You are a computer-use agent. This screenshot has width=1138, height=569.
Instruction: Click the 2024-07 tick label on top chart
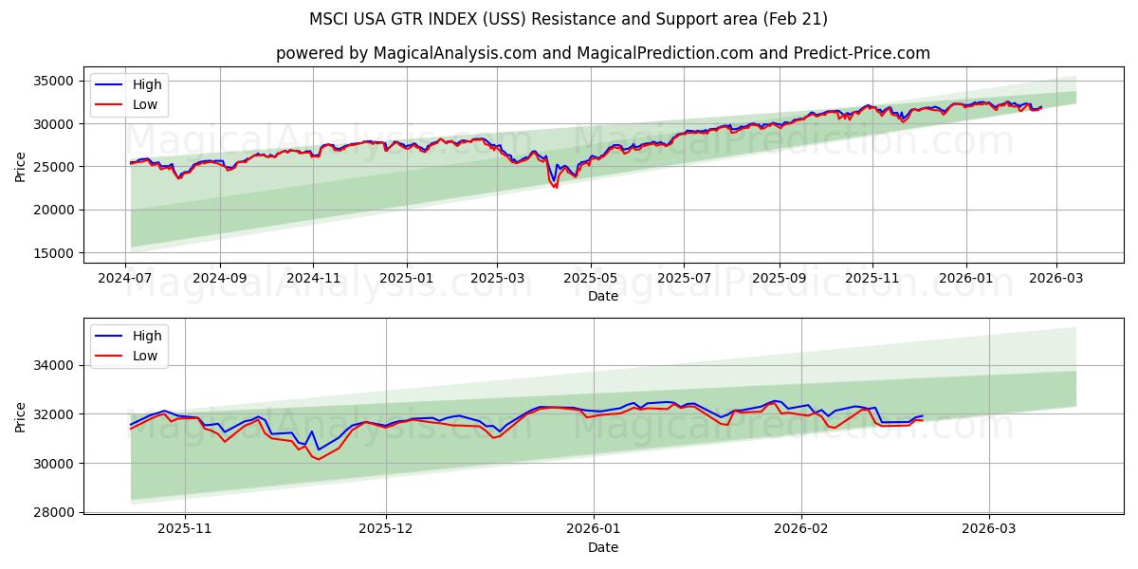pos(126,280)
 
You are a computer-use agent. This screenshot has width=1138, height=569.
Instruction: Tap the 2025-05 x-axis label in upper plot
pos(591,280)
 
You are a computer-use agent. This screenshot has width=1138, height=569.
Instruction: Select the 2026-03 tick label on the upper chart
pos(1055,280)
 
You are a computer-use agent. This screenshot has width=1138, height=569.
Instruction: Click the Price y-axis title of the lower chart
pos(21,416)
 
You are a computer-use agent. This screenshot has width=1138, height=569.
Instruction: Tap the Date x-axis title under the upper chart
pos(602,296)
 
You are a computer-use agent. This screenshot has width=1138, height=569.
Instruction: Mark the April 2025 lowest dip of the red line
pos(556,188)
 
